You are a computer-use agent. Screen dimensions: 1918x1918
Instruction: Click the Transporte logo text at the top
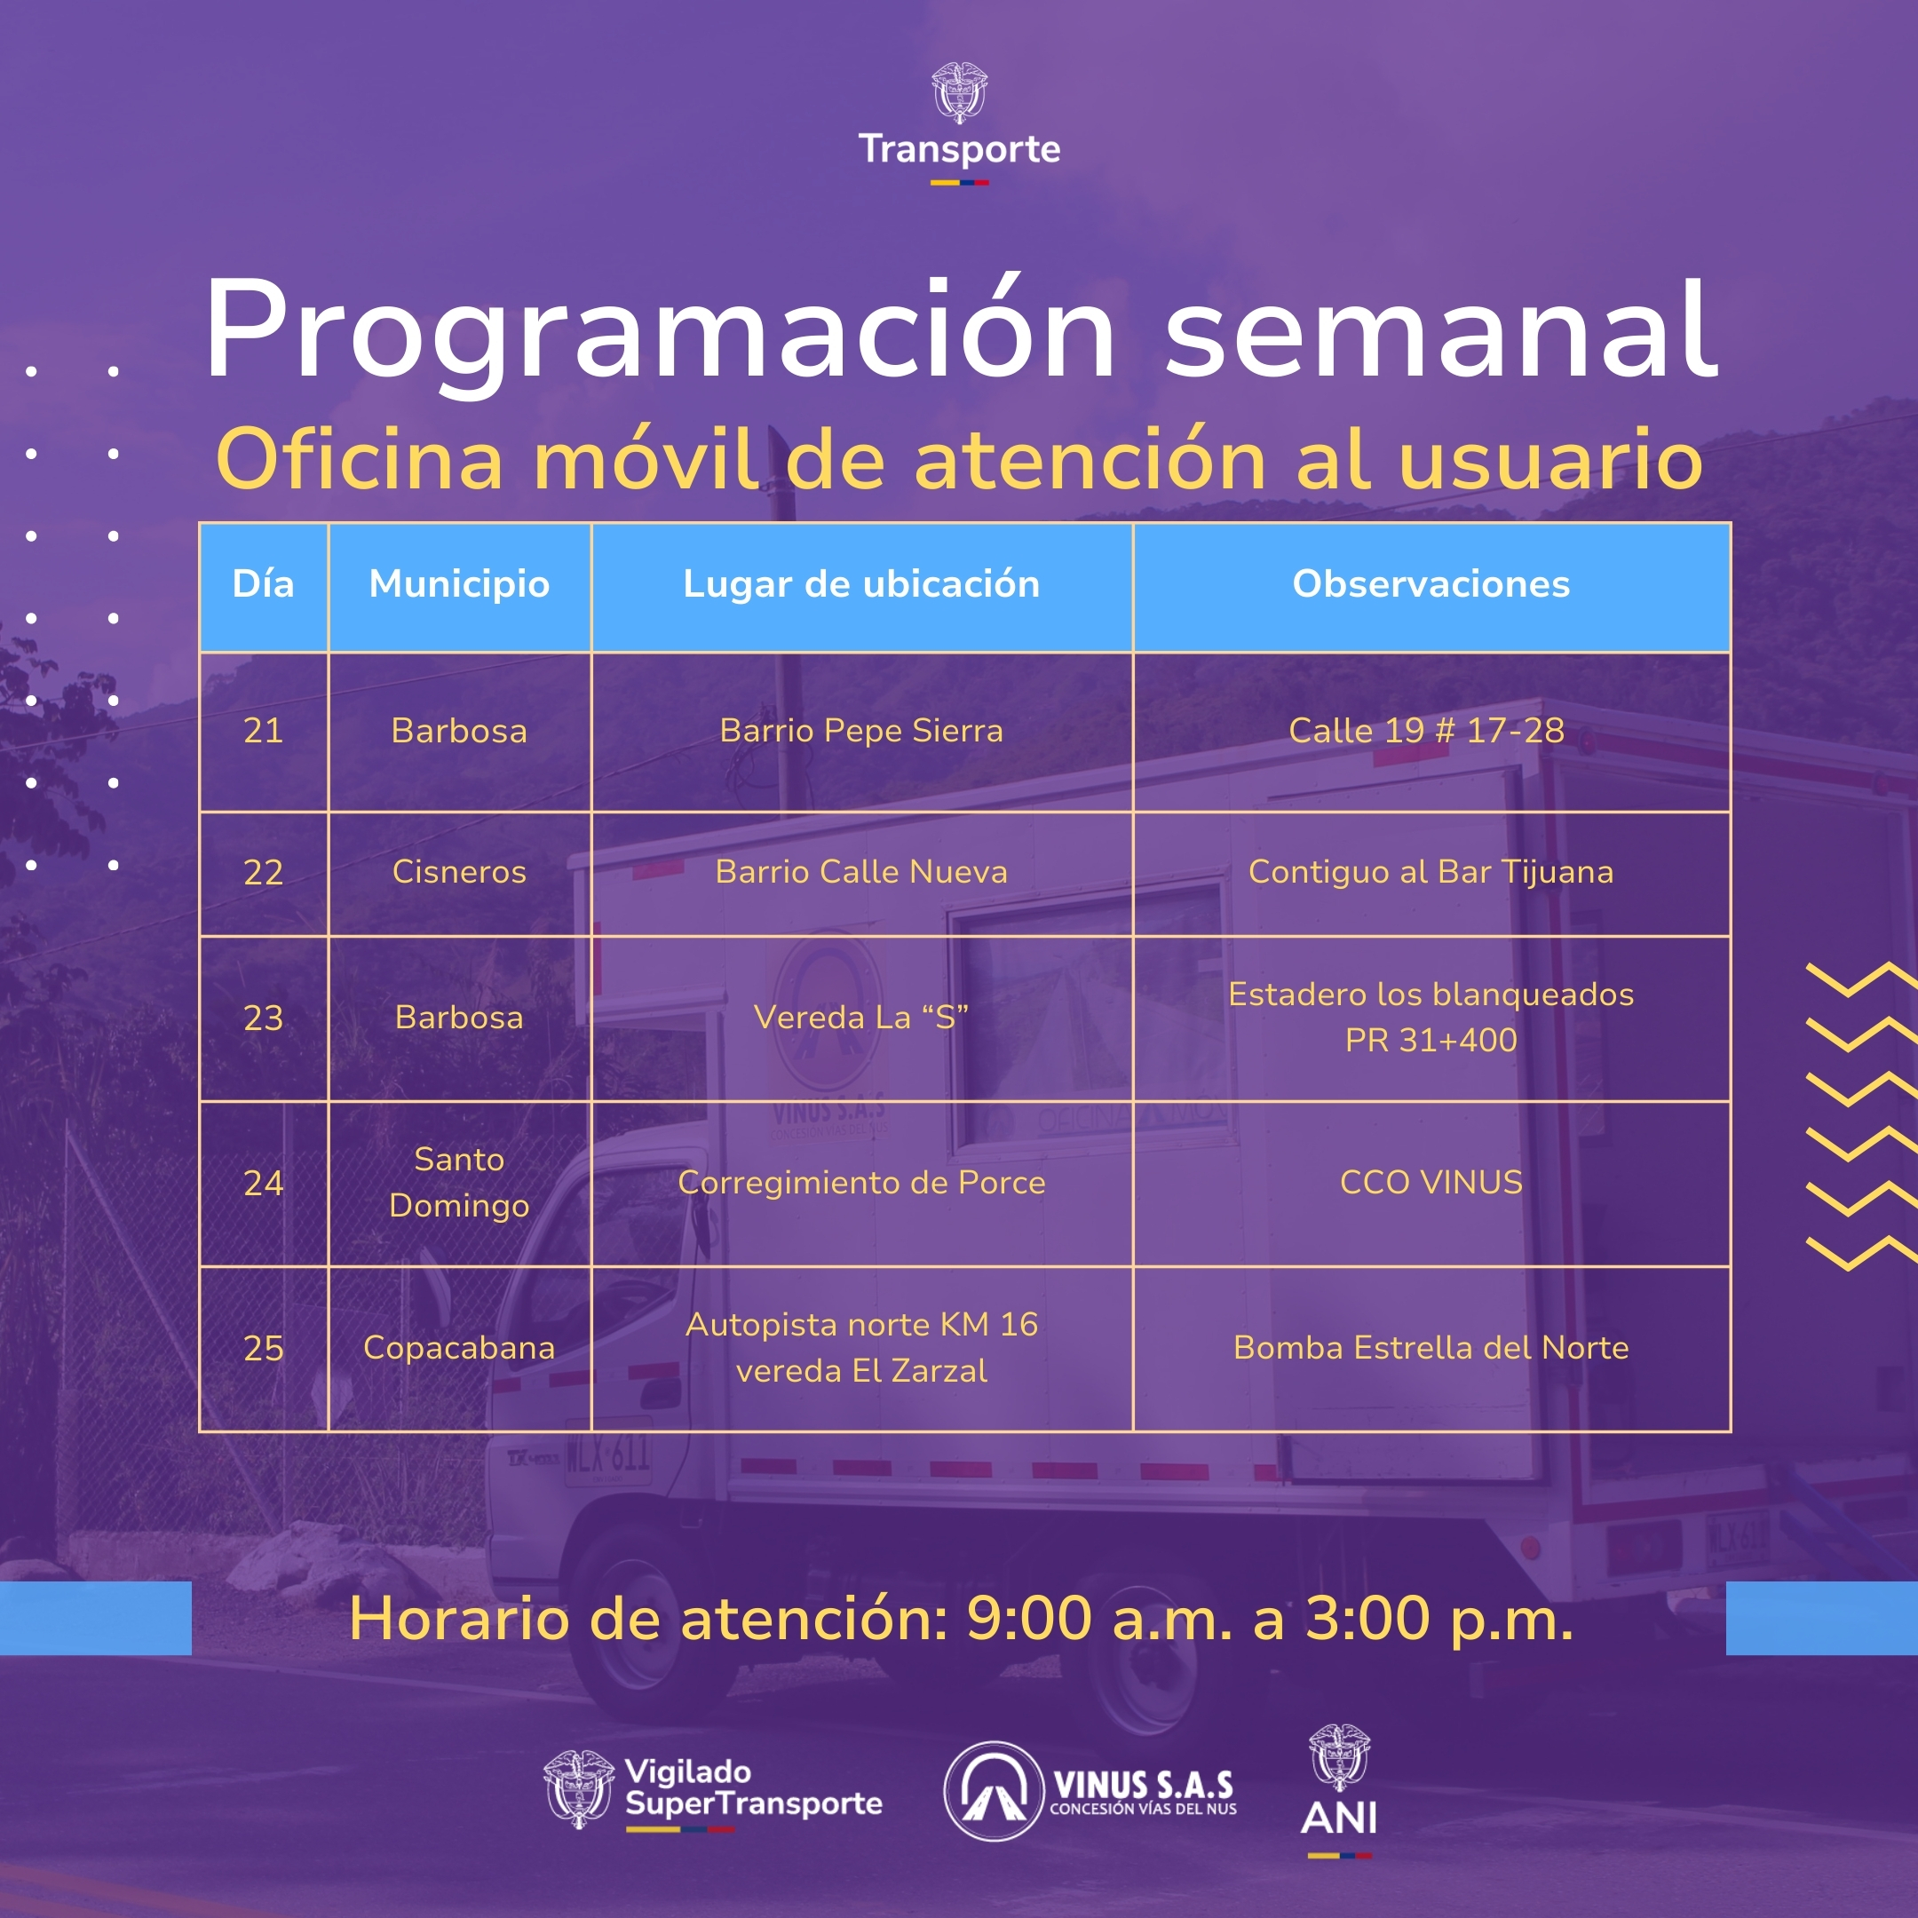[x=959, y=149]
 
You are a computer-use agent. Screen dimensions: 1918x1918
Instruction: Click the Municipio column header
[x=459, y=585]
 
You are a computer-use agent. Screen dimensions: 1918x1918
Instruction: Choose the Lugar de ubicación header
[x=860, y=585]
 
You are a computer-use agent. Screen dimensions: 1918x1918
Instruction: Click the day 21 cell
[x=263, y=731]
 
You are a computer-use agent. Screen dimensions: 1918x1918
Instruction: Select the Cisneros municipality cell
[x=459, y=872]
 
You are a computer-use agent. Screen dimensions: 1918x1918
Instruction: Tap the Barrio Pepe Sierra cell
[x=860, y=732]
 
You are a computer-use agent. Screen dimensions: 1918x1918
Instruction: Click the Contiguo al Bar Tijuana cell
[x=1431, y=872]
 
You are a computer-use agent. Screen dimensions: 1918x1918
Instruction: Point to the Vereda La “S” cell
[x=860, y=1017]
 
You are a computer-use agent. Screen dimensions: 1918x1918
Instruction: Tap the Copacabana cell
[x=459, y=1348]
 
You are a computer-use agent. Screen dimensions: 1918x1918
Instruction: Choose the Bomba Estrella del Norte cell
[x=1431, y=1347]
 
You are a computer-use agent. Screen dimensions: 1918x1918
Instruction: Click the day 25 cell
[x=263, y=1348]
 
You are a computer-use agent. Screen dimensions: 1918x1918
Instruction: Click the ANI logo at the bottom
[x=1338, y=1792]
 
